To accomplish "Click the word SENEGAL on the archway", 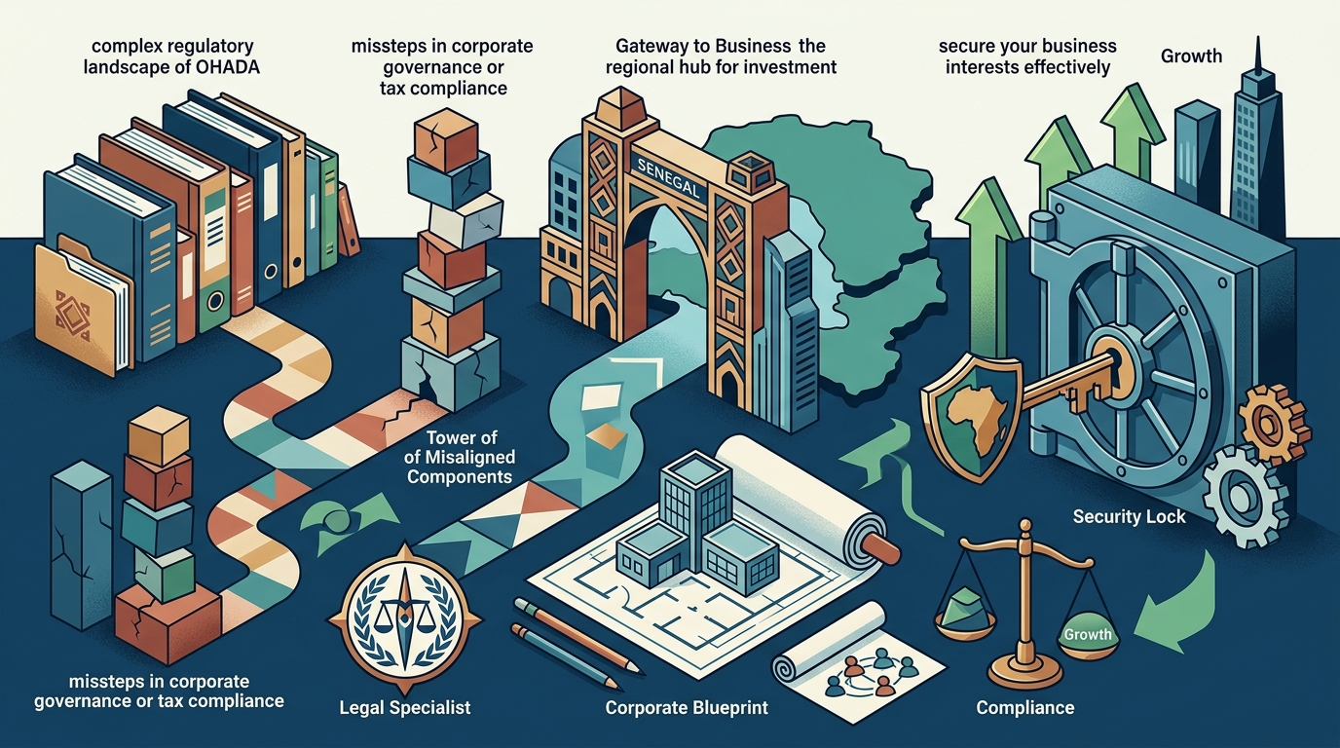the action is click(x=668, y=177).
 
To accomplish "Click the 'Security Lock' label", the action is click(x=1129, y=516).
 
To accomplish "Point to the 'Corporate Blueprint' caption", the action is click(x=687, y=708).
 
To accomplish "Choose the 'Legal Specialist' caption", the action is click(x=405, y=708).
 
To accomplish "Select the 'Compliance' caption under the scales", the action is click(x=1025, y=708).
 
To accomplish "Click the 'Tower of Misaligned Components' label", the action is click(x=460, y=457).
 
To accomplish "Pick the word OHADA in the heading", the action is click(x=228, y=67).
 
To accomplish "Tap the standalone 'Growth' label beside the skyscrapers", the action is click(x=1191, y=56).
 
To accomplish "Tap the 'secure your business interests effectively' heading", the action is click(x=1027, y=56).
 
